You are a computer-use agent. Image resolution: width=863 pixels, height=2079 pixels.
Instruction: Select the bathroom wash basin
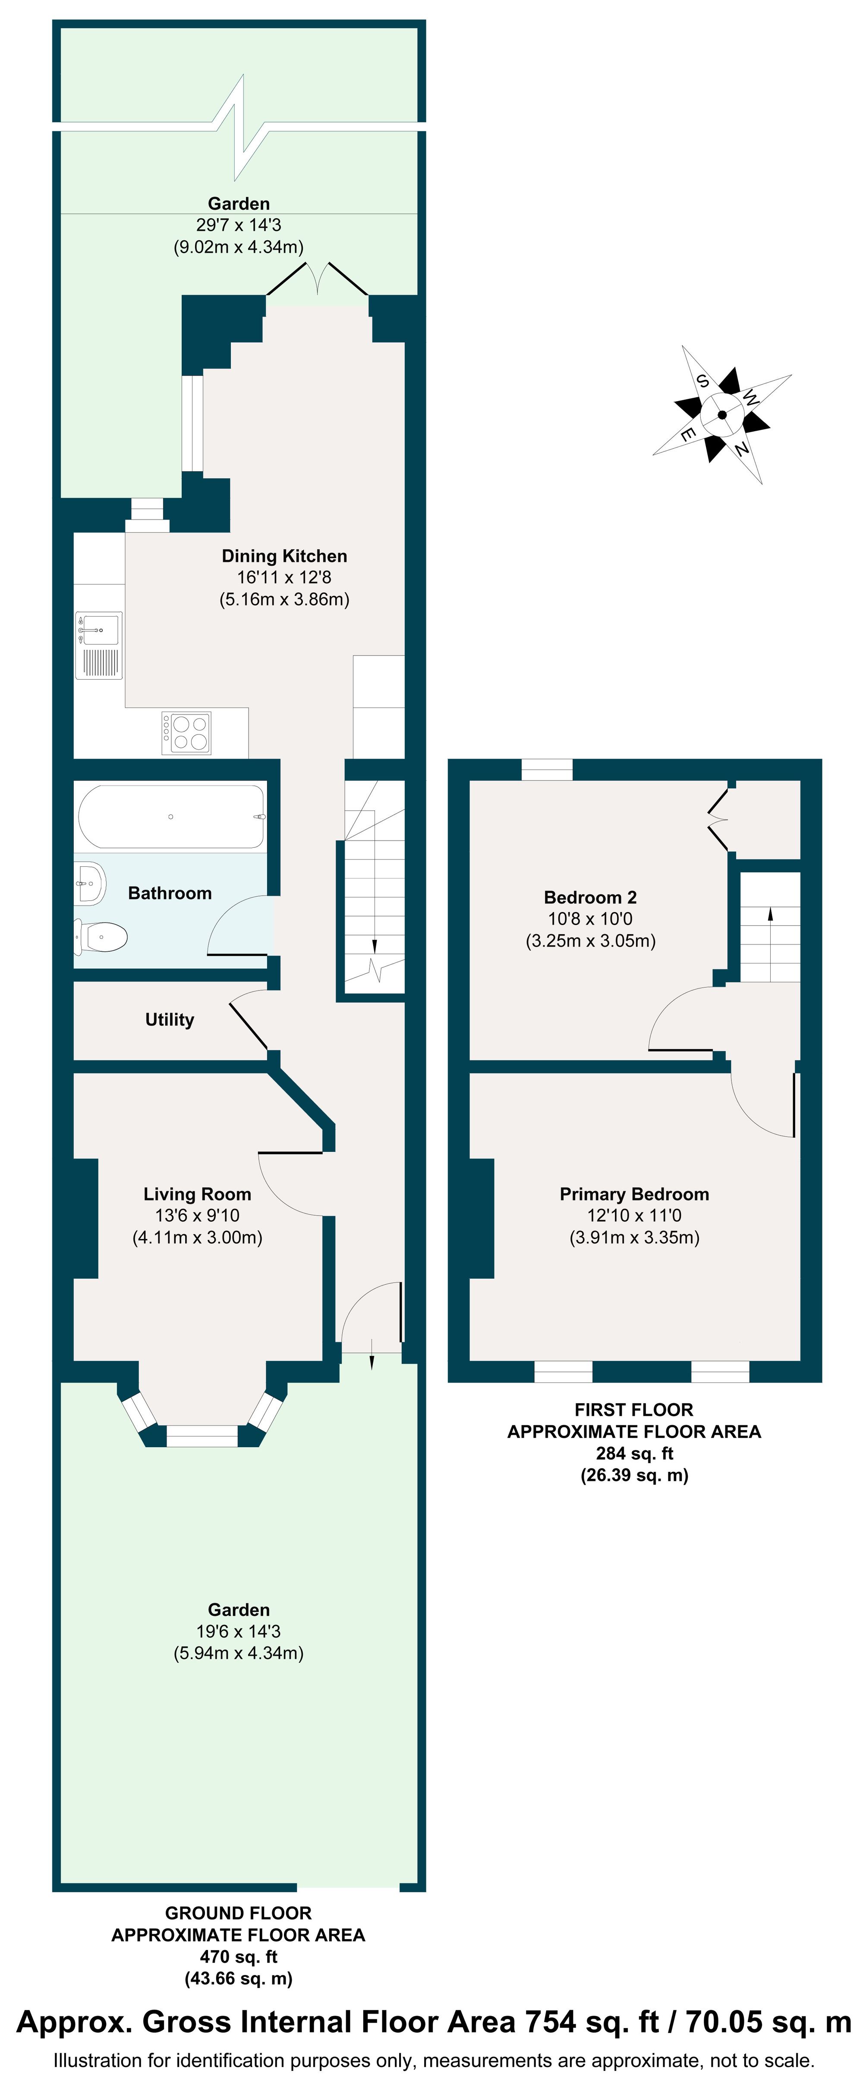pos(91,883)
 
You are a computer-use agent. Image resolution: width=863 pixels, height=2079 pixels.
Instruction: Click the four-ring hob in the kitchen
pos(186,733)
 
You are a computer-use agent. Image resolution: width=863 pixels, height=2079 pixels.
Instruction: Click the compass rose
pos(722,415)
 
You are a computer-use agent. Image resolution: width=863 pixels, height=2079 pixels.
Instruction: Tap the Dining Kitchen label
pos(284,556)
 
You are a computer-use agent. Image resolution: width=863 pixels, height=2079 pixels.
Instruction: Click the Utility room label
pos(170,1019)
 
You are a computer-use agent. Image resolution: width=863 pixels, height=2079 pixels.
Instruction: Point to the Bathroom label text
pos(170,893)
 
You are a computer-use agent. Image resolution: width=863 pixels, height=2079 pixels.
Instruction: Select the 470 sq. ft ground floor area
pos(238,1957)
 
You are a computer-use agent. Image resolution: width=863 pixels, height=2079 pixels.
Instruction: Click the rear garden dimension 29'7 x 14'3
pos(238,225)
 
